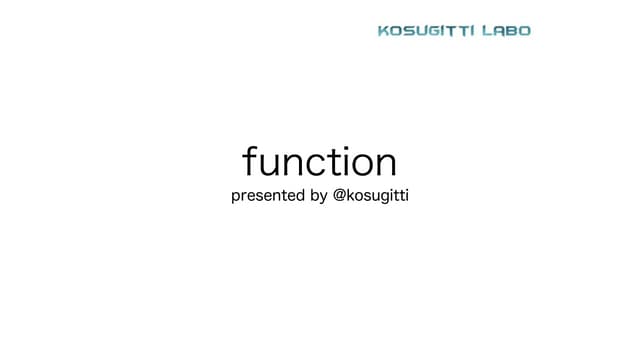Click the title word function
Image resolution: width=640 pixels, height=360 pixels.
(319, 162)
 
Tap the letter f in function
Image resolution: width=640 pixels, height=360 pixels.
(249, 161)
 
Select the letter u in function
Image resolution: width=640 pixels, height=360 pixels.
(268, 164)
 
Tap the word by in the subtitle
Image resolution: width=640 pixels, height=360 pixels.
(319, 197)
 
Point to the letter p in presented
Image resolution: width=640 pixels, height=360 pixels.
(235, 198)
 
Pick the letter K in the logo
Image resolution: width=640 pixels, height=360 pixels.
(384, 31)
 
